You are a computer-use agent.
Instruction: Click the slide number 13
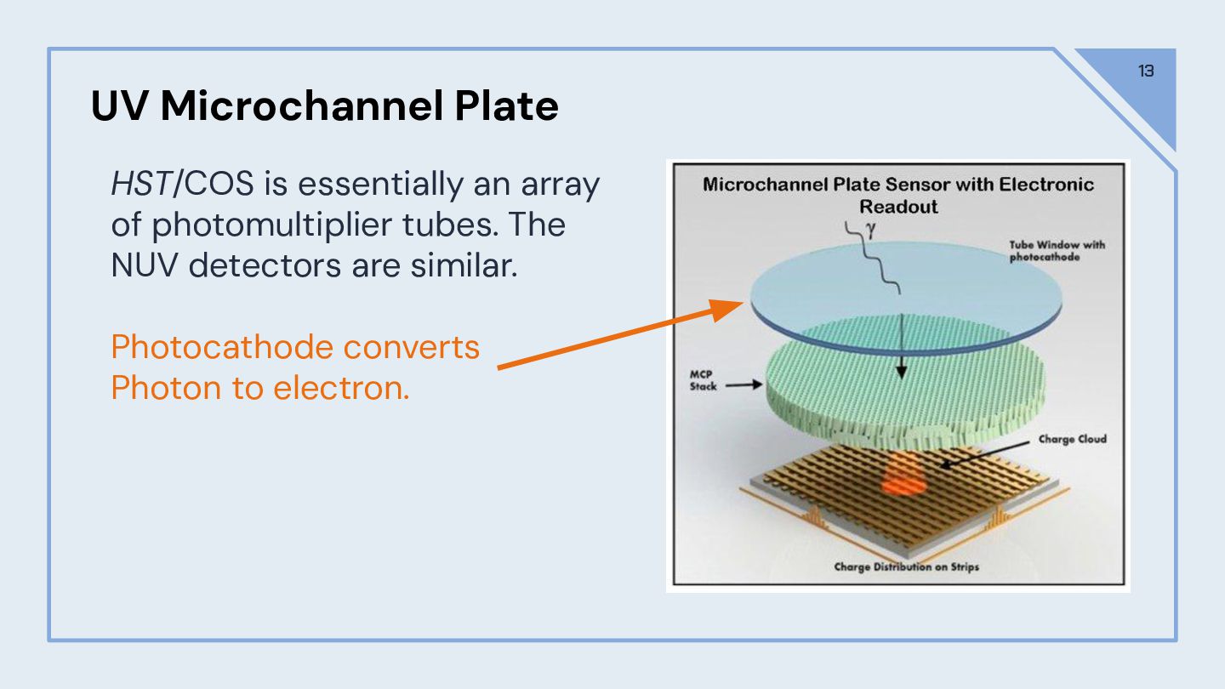1146,71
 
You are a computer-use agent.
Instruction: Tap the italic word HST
140,185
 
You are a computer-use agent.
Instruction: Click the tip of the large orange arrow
741,307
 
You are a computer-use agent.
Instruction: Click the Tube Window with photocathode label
1057,251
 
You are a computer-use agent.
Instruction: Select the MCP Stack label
703,380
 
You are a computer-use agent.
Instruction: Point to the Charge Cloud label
1072,440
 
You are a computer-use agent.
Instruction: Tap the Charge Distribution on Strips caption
906,567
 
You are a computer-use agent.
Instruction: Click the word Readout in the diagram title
898,207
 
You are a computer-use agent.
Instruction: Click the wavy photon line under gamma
876,259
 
